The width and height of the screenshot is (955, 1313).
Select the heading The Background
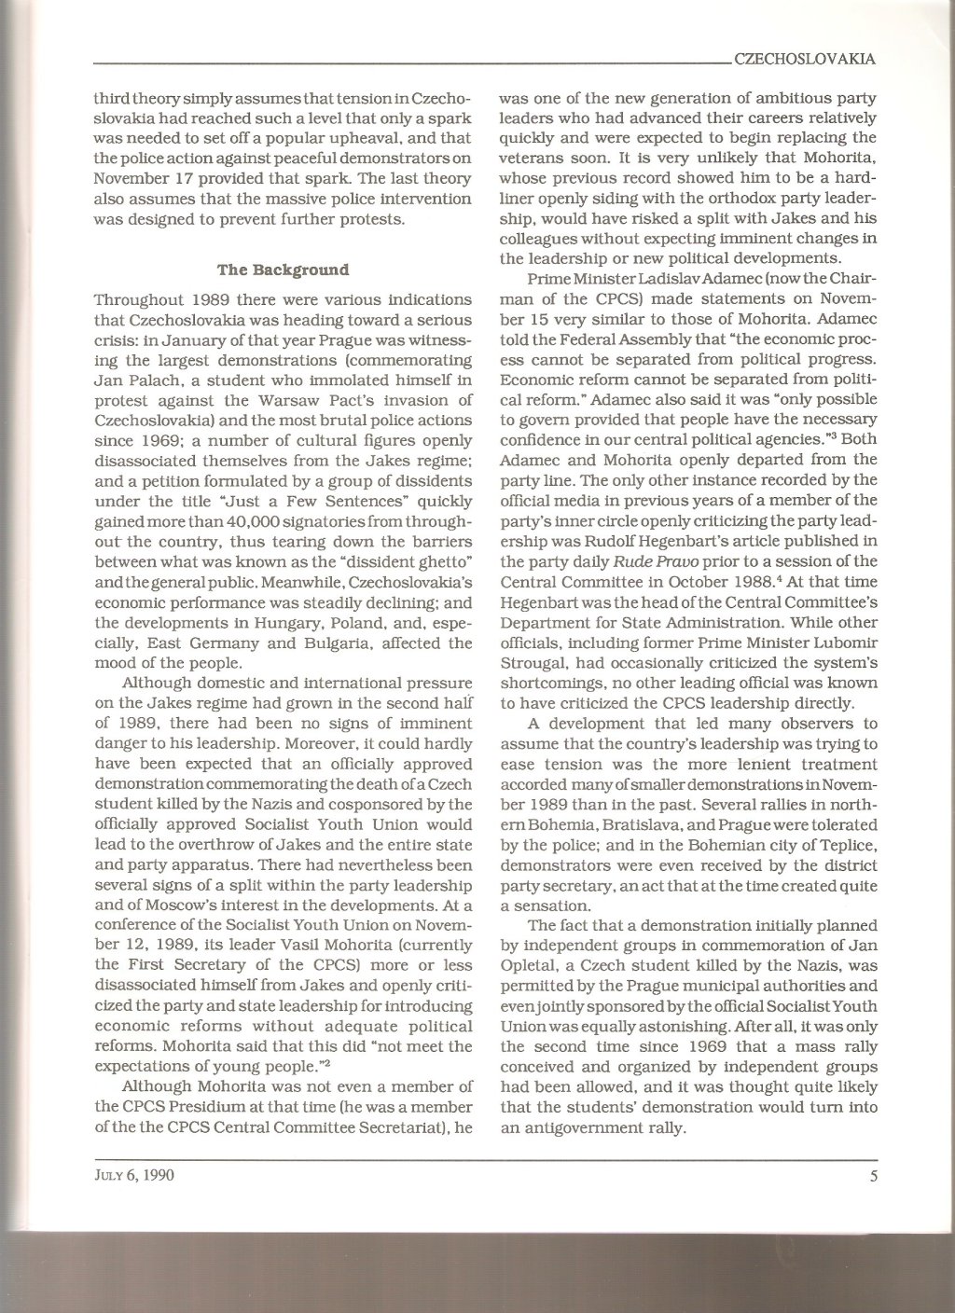tap(270, 270)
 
